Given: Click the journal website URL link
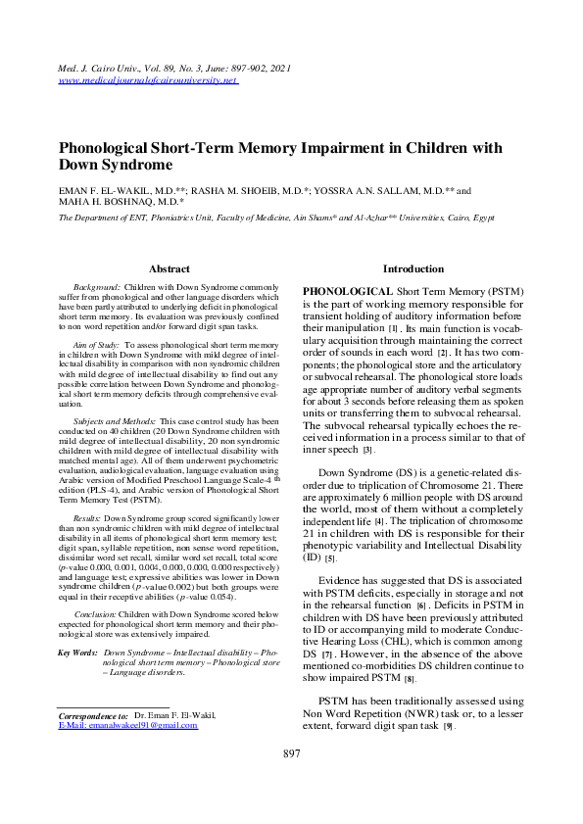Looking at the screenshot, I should [x=149, y=80].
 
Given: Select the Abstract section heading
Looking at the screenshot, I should [x=169, y=268].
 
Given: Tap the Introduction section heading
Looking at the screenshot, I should [x=413, y=268].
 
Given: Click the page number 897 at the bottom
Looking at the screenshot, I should [x=291, y=781].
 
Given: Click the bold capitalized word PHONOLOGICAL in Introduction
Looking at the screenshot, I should [x=347, y=292].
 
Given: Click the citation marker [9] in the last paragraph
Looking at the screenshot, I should [x=448, y=726].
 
